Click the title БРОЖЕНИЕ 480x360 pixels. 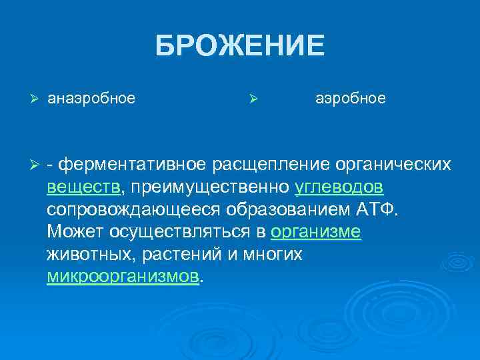click(240, 47)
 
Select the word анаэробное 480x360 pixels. click(91, 99)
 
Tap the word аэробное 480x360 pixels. click(350, 99)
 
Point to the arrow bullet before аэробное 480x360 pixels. click(253, 99)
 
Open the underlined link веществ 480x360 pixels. click(84, 186)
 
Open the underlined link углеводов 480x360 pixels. click(338, 186)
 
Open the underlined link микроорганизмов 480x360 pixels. click(123, 277)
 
